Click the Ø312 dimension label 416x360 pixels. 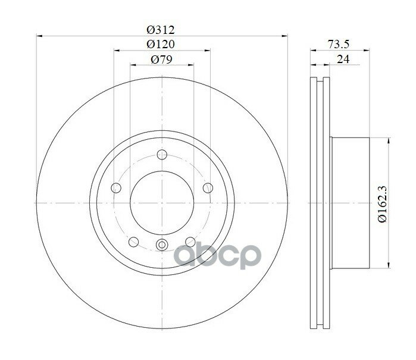161,29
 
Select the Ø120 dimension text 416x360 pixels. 161,44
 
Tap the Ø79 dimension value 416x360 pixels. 161,59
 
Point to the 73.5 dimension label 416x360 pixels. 339,44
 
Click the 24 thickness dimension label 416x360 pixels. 343,59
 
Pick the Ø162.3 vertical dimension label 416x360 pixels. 383,204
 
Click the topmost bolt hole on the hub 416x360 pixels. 162,154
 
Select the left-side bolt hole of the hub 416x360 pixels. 116,188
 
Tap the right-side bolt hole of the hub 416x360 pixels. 208,188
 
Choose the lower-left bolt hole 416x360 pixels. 133,242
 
